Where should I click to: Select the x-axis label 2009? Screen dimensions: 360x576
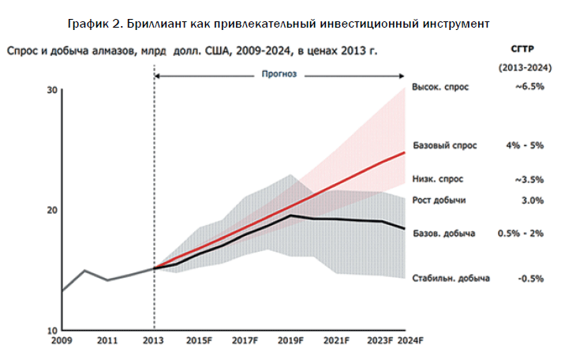(62, 341)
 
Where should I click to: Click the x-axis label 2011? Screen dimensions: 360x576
(108, 341)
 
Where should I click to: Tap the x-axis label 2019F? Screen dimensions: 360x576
(291, 341)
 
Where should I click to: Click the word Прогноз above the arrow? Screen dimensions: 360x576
(279, 75)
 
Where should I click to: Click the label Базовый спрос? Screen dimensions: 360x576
(446, 146)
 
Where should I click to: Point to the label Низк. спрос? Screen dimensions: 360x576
(439, 179)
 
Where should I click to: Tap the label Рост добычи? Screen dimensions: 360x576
(439, 201)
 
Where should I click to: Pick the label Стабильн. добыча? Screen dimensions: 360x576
(451, 279)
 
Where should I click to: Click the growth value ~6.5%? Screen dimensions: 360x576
(529, 87)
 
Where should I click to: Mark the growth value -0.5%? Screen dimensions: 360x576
(530, 279)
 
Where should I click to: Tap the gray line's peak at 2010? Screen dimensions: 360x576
(85, 271)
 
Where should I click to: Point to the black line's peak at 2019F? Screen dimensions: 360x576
(291, 216)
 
